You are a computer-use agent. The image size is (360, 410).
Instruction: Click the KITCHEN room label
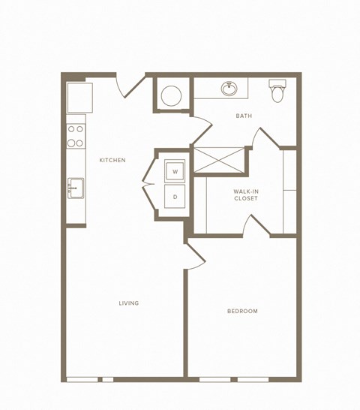112,160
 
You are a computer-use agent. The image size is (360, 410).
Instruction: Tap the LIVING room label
128,303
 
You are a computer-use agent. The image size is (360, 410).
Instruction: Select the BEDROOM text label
242,311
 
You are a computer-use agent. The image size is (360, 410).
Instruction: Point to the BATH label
244,116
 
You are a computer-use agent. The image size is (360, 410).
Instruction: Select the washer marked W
175,172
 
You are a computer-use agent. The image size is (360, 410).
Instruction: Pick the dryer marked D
175,197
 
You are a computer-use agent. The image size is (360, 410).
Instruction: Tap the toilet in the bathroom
277,92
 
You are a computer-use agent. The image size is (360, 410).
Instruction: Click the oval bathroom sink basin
229,89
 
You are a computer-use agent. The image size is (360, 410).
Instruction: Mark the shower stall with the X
219,160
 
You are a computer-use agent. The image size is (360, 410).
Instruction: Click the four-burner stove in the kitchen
75,135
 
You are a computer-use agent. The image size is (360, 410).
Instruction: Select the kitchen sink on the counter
75,188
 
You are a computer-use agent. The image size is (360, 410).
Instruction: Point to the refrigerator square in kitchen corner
79,97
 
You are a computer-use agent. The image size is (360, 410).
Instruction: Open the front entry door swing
130,86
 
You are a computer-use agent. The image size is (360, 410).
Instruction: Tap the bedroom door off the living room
194,258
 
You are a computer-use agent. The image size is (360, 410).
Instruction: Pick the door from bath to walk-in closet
265,140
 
